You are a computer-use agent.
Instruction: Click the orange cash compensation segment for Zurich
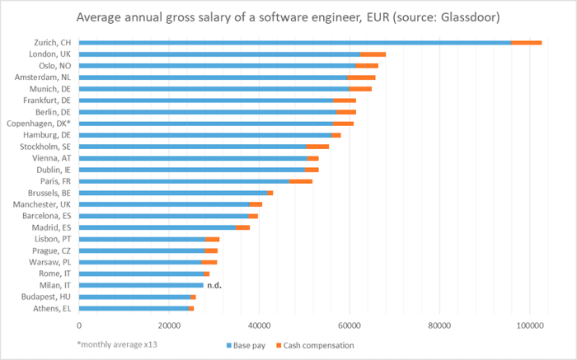click(526, 43)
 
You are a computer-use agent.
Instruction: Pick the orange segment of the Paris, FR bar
click(301, 180)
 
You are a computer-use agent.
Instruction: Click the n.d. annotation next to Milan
click(215, 285)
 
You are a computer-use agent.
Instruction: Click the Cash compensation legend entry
click(318, 345)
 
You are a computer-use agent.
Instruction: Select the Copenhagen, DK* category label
click(42, 123)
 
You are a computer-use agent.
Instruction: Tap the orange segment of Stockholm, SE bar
click(317, 146)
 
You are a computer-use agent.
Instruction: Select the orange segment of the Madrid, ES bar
click(242, 227)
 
